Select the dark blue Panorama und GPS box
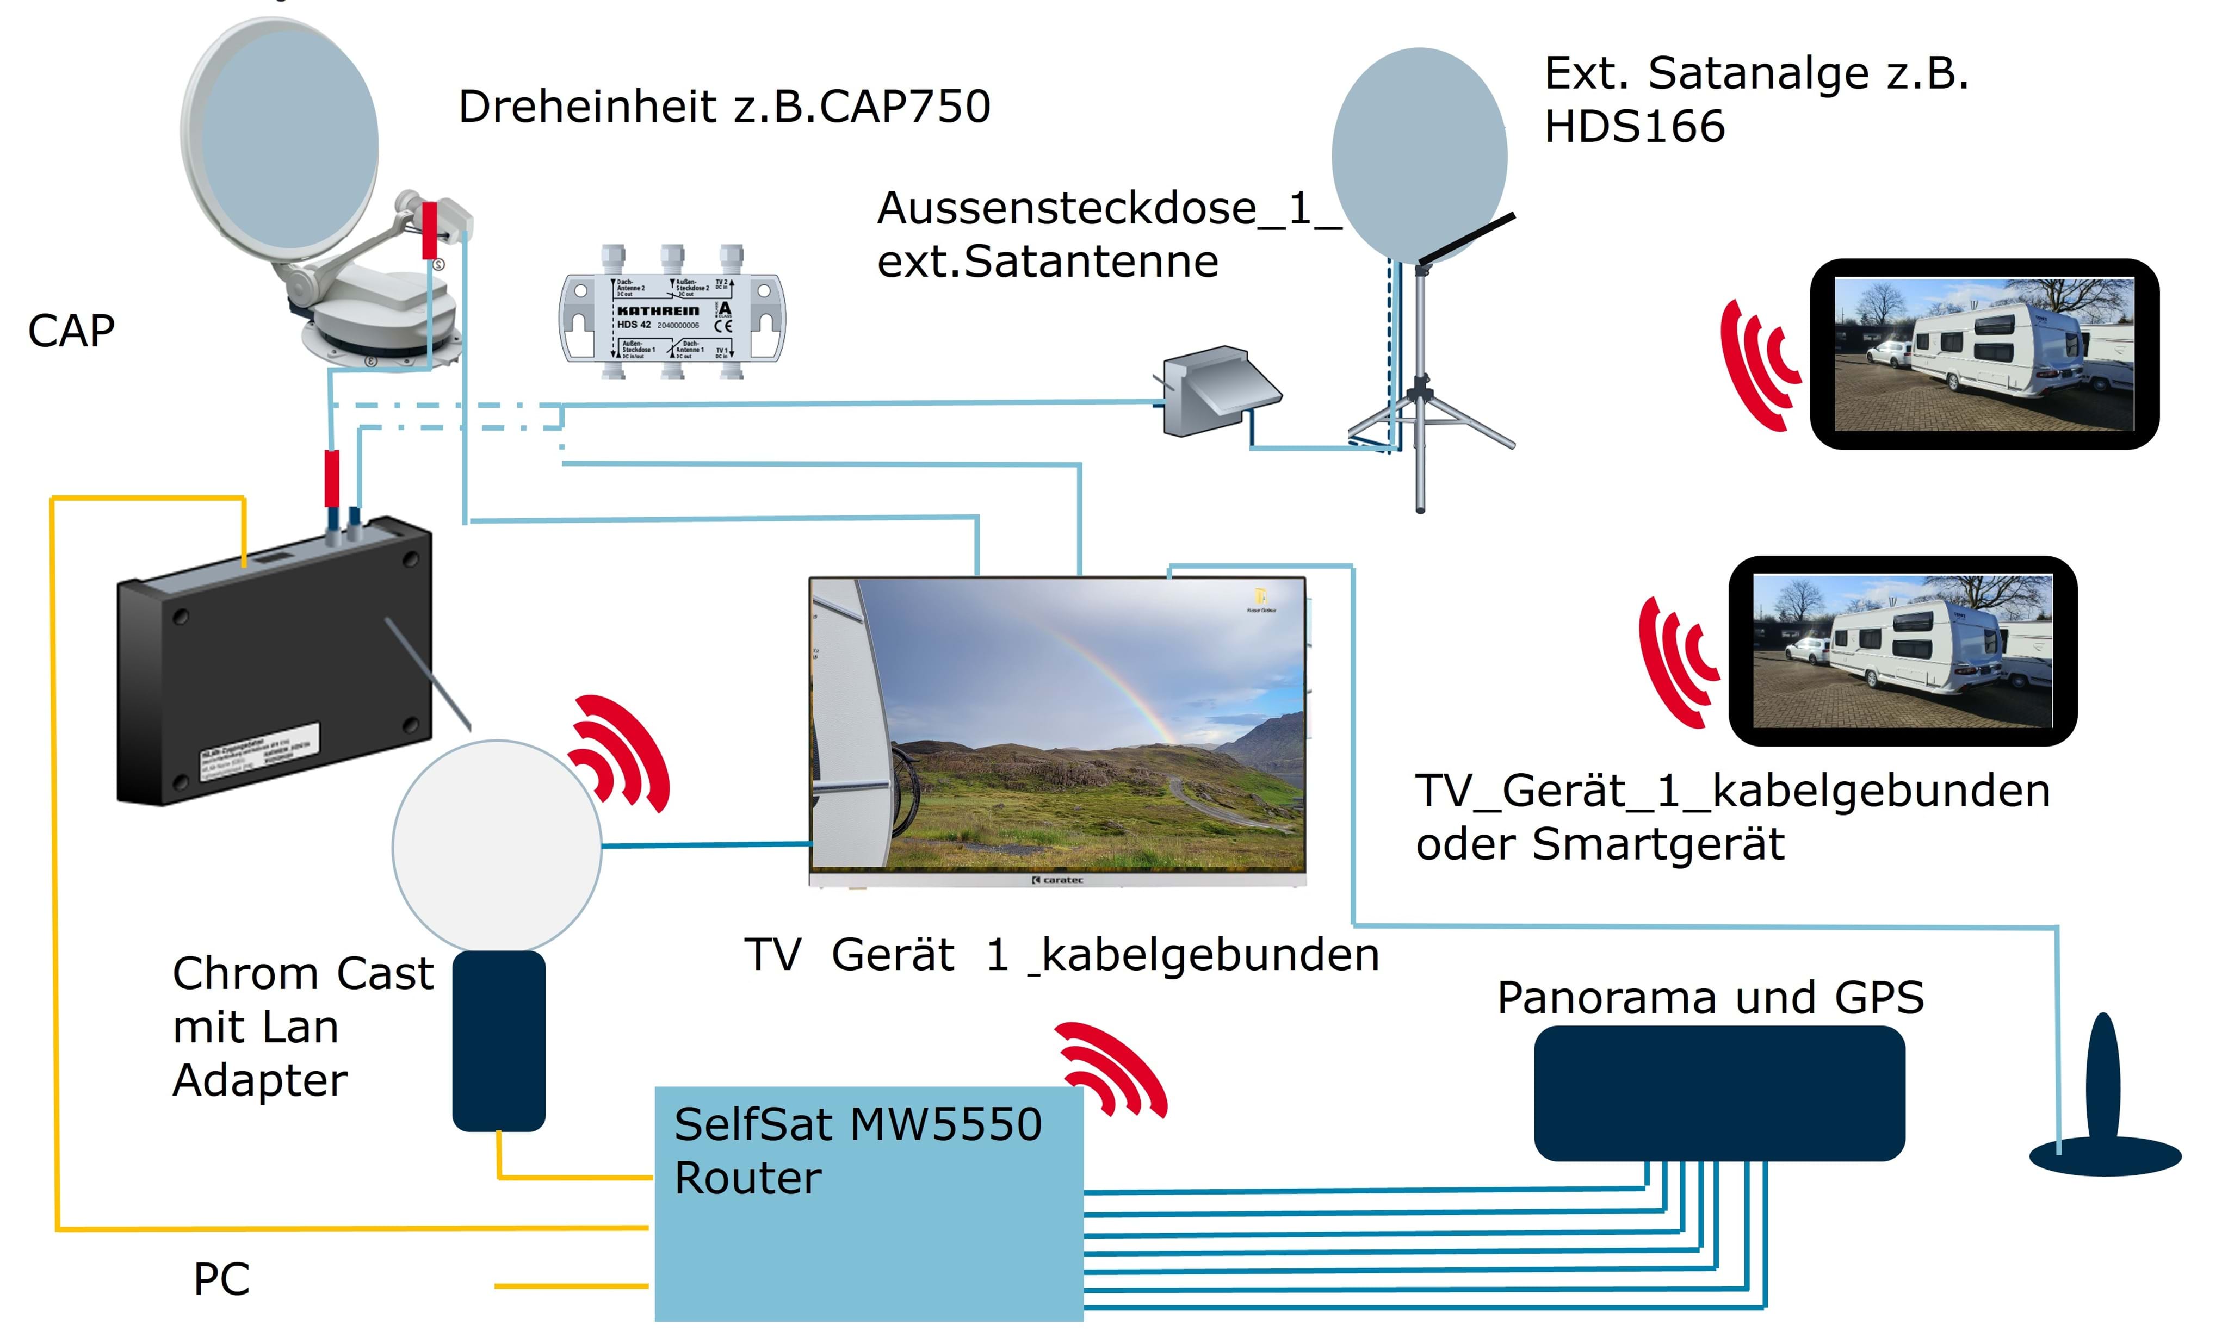[1718, 1092]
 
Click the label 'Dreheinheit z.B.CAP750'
[724, 107]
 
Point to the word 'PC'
[221, 1279]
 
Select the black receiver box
[274, 664]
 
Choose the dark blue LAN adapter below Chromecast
[498, 1041]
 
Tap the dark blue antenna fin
[2103, 1103]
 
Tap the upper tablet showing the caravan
[1983, 354]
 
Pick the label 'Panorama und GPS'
[1710, 997]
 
